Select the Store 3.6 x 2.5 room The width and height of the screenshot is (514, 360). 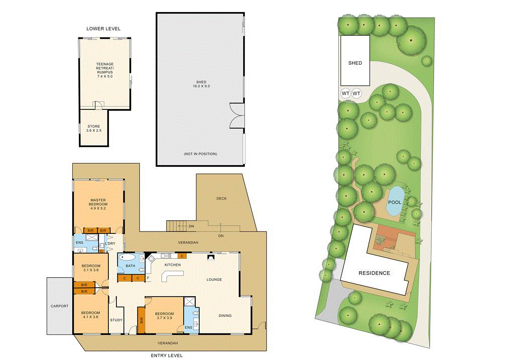[94, 129]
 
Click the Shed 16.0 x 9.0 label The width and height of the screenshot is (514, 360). [201, 84]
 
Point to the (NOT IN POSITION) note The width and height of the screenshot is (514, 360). [200, 154]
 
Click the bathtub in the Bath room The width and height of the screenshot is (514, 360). [128, 258]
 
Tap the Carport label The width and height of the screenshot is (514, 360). [59, 306]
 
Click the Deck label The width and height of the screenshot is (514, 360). [221, 198]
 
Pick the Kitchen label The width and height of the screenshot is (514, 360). [173, 265]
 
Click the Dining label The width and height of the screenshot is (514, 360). [225, 315]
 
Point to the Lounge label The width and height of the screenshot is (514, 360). [214, 279]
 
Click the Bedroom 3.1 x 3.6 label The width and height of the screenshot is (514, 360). [91, 268]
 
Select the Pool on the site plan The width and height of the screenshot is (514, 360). [395, 202]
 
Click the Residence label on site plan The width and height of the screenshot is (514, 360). [374, 273]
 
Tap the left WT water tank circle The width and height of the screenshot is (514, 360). [345, 93]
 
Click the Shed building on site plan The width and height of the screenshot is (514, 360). [355, 61]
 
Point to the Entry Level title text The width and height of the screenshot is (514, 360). [167, 355]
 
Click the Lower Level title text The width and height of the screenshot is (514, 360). [103, 29]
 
